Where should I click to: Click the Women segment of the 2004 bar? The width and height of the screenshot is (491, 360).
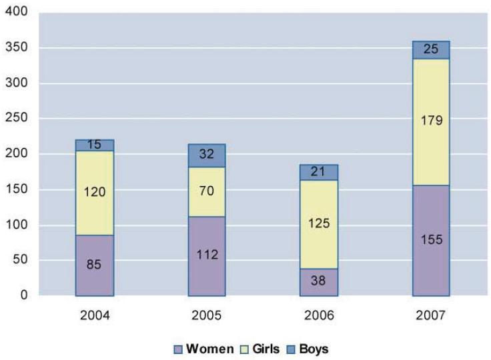pyautogui.click(x=94, y=265)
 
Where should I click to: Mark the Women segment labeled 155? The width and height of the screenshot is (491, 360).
pyautogui.click(x=430, y=240)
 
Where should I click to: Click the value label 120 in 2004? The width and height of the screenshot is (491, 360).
pyautogui.click(x=94, y=192)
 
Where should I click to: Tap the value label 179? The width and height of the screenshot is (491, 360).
pyautogui.click(x=430, y=122)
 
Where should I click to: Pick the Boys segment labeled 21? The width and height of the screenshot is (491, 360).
pyautogui.click(x=319, y=172)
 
